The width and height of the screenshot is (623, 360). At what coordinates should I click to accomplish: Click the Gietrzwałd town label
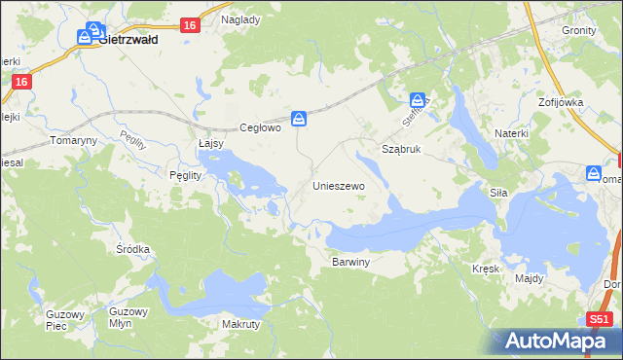(129, 42)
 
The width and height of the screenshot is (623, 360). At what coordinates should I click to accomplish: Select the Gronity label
(578, 30)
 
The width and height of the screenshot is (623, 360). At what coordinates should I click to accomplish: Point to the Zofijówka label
(560, 101)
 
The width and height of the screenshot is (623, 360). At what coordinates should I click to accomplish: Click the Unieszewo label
(338, 185)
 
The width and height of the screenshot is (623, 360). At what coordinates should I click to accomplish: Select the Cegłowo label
(260, 127)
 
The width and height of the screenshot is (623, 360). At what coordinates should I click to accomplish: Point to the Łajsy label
(211, 143)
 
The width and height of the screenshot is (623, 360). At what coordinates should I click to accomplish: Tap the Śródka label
(132, 249)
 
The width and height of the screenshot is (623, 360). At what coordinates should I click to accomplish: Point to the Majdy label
(530, 278)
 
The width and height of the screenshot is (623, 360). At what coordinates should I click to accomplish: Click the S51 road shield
(600, 319)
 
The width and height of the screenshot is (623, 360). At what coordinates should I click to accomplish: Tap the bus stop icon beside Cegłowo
(301, 119)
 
